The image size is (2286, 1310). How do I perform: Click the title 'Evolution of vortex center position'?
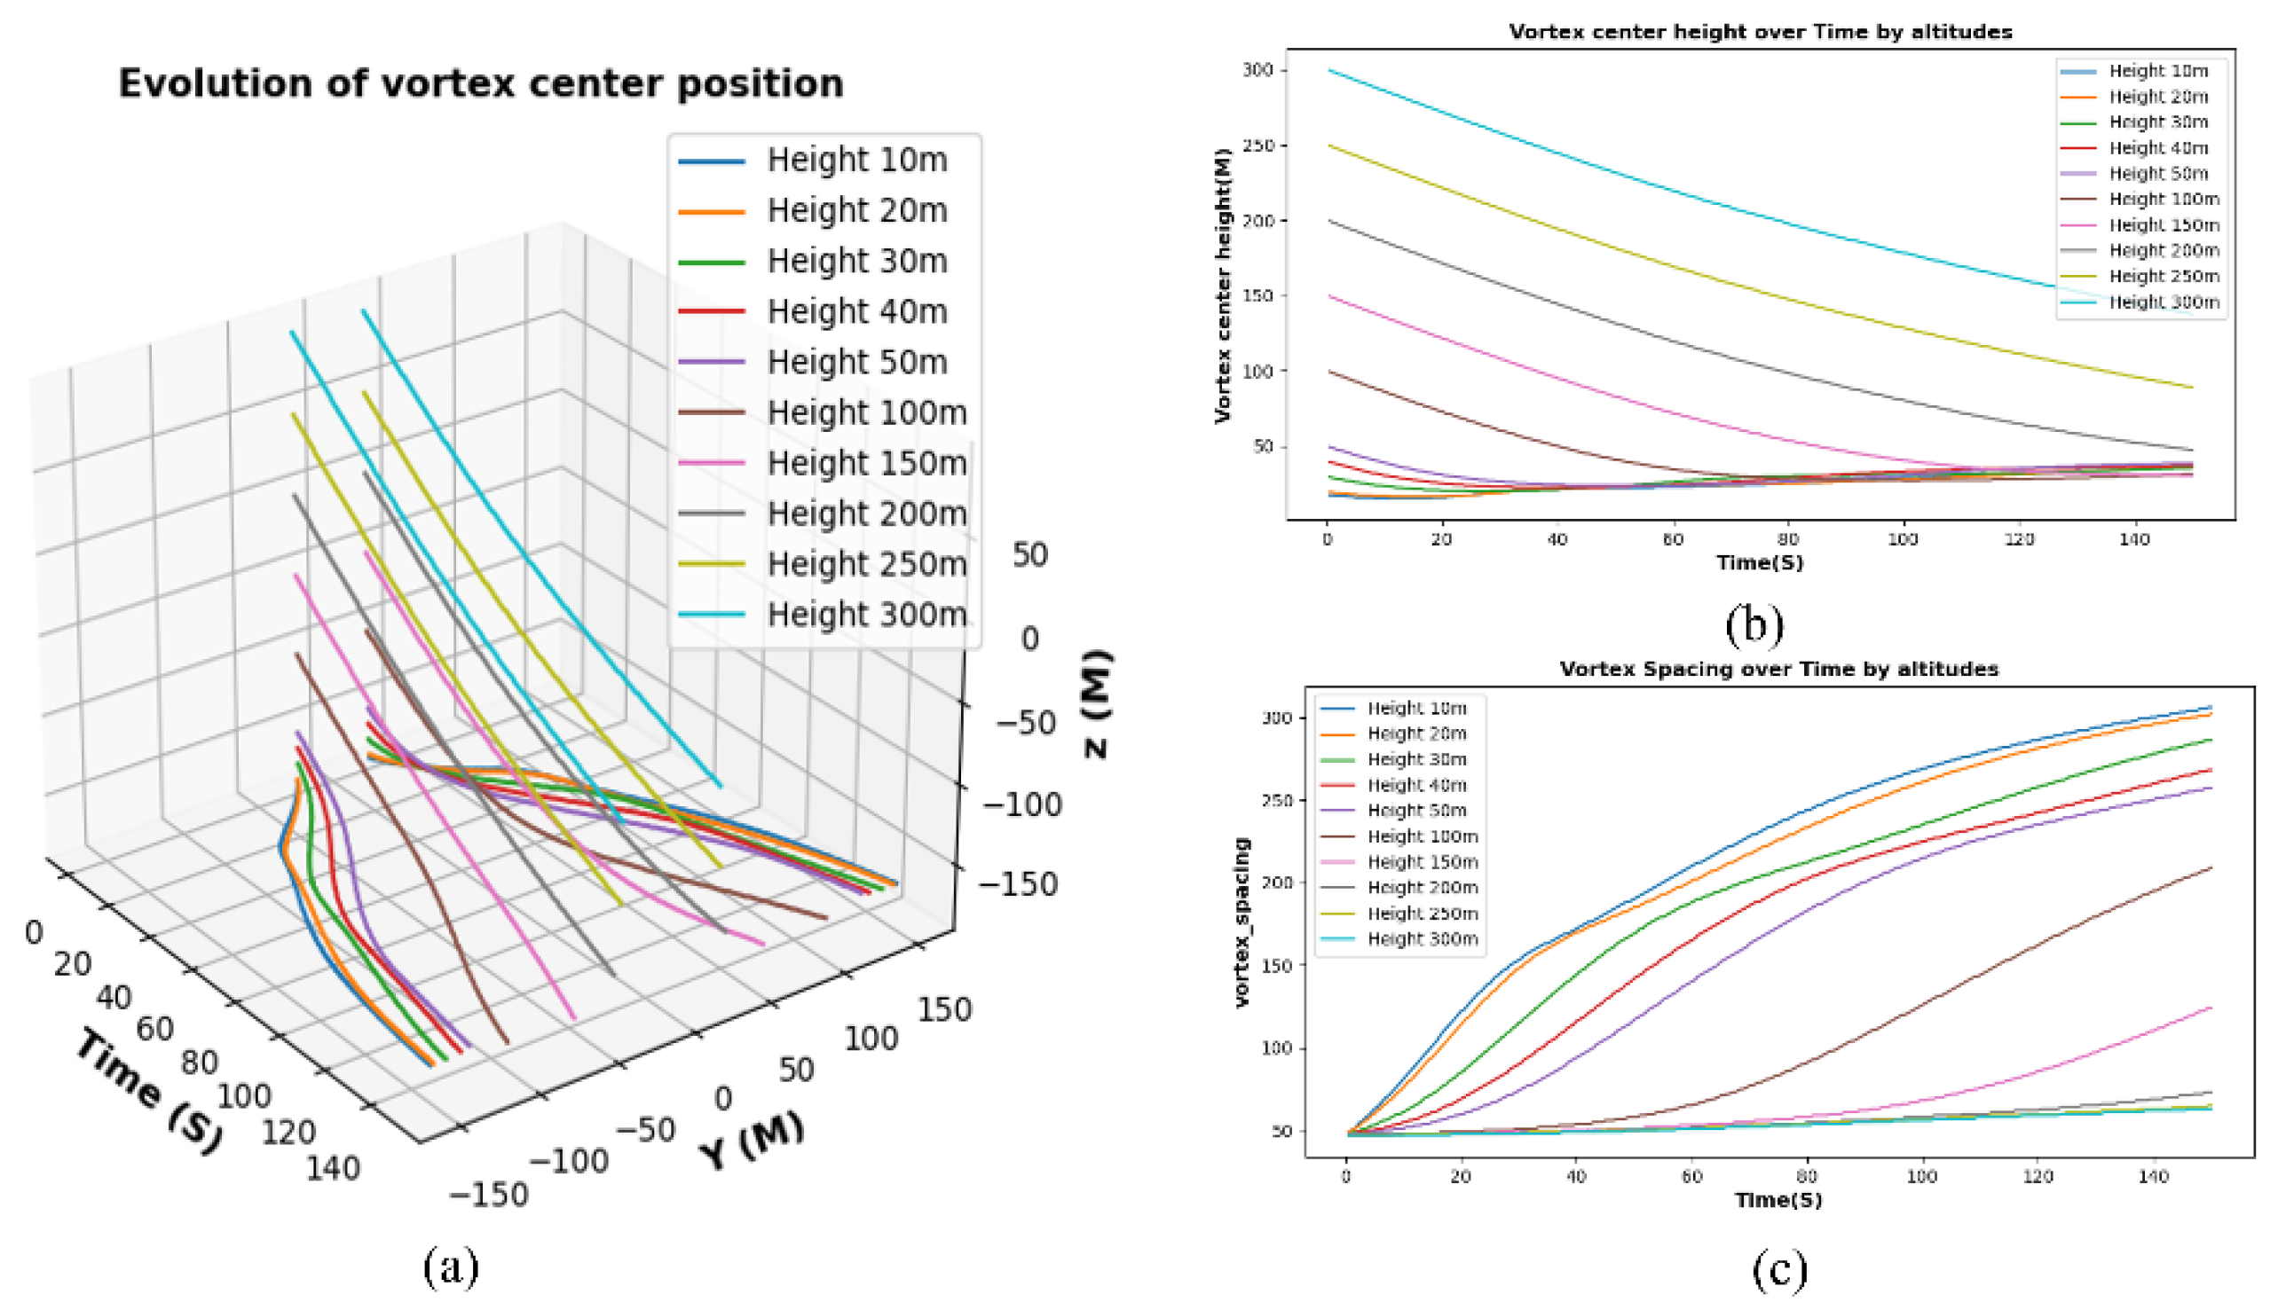(x=481, y=83)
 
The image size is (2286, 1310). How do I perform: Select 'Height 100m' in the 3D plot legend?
(x=866, y=412)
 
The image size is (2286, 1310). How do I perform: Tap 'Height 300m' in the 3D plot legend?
(x=866, y=615)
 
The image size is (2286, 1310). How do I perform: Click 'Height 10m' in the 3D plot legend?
(x=856, y=161)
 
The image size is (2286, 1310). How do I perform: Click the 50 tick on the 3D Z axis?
(x=1029, y=555)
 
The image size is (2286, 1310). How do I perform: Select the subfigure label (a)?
(x=451, y=1266)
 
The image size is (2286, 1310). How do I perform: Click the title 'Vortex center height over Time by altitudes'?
(x=1760, y=33)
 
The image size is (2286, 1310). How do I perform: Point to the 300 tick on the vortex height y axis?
(x=1257, y=70)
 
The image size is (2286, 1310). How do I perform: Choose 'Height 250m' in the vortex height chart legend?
(x=2164, y=276)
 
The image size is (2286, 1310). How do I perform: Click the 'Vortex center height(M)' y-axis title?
(x=1222, y=286)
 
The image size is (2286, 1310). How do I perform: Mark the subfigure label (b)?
(x=1754, y=624)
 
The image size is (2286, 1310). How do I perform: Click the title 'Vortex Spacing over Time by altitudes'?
(x=1778, y=670)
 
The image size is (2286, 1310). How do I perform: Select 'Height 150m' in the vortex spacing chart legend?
(x=1422, y=862)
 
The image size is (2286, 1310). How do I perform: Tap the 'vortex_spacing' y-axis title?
(x=1242, y=922)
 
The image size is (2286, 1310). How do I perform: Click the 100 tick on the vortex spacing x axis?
(x=1921, y=1177)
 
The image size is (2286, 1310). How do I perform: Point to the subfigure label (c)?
(x=1779, y=1269)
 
